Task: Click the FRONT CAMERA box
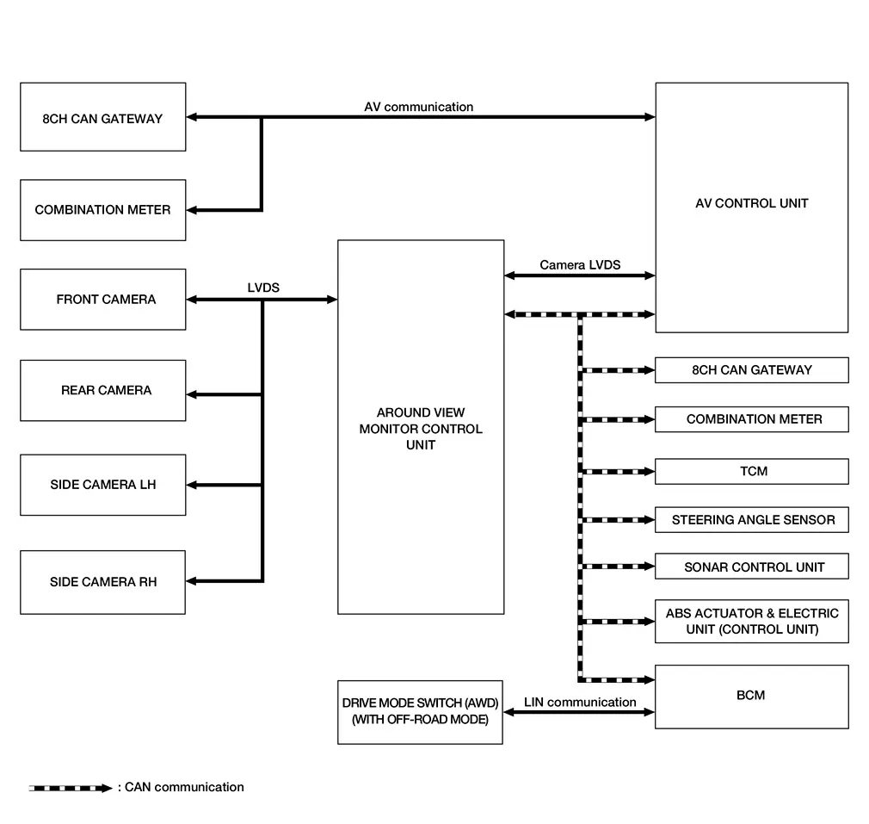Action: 103,300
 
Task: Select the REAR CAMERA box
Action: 103,390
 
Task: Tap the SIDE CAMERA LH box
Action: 103,485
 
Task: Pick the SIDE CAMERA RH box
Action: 103,582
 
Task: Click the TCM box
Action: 752,471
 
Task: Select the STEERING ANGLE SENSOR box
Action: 752,519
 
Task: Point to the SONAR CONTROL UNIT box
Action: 752,567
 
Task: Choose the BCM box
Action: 752,696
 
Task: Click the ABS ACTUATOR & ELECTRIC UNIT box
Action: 752,621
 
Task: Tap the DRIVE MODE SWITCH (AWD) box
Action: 420,711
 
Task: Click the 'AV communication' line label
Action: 418,107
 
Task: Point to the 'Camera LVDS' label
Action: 580,264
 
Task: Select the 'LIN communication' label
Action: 580,702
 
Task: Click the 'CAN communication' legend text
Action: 184,787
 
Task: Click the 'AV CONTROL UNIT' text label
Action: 752,203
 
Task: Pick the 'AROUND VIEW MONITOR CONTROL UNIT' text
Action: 421,429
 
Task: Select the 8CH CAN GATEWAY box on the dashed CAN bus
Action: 752,369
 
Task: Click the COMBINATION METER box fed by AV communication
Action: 103,210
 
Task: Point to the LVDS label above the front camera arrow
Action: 263,288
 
